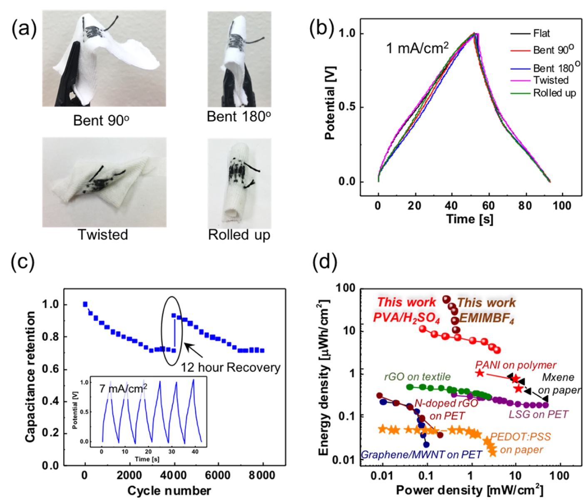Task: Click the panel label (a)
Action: click(x=24, y=30)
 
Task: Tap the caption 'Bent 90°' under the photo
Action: click(x=101, y=120)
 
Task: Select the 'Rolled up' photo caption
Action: click(x=239, y=235)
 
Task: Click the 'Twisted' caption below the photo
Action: click(x=103, y=235)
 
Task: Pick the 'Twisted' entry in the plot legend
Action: click(x=550, y=80)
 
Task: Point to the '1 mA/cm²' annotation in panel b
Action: click(x=417, y=48)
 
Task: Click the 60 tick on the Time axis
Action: click(x=488, y=205)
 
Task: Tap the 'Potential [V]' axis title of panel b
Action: click(x=330, y=103)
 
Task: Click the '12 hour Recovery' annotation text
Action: click(x=230, y=367)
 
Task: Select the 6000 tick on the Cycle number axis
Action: click(x=218, y=476)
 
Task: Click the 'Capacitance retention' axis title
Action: click(x=30, y=377)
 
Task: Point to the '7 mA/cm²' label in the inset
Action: click(x=123, y=389)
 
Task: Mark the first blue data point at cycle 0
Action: click(x=85, y=304)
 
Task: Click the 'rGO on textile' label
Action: click(x=417, y=377)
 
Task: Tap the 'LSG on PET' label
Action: click(x=538, y=414)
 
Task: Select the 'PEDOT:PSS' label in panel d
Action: click(x=520, y=437)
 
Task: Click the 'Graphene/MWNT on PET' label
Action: click(x=421, y=454)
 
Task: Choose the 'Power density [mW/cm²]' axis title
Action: click(x=469, y=490)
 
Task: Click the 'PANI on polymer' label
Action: click(x=515, y=365)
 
